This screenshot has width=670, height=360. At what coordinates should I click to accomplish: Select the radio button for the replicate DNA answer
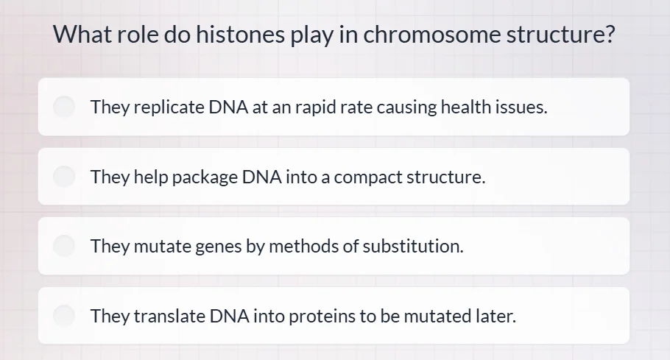coord(65,107)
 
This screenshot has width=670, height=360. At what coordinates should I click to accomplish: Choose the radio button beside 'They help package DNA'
coord(65,177)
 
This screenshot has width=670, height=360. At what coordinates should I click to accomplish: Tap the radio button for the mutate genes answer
coord(65,246)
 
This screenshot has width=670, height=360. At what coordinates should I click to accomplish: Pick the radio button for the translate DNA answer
coord(65,316)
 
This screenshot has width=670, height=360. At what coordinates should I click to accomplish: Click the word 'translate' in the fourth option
coord(169,317)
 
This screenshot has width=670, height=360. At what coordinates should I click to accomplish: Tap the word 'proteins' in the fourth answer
coord(322,317)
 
